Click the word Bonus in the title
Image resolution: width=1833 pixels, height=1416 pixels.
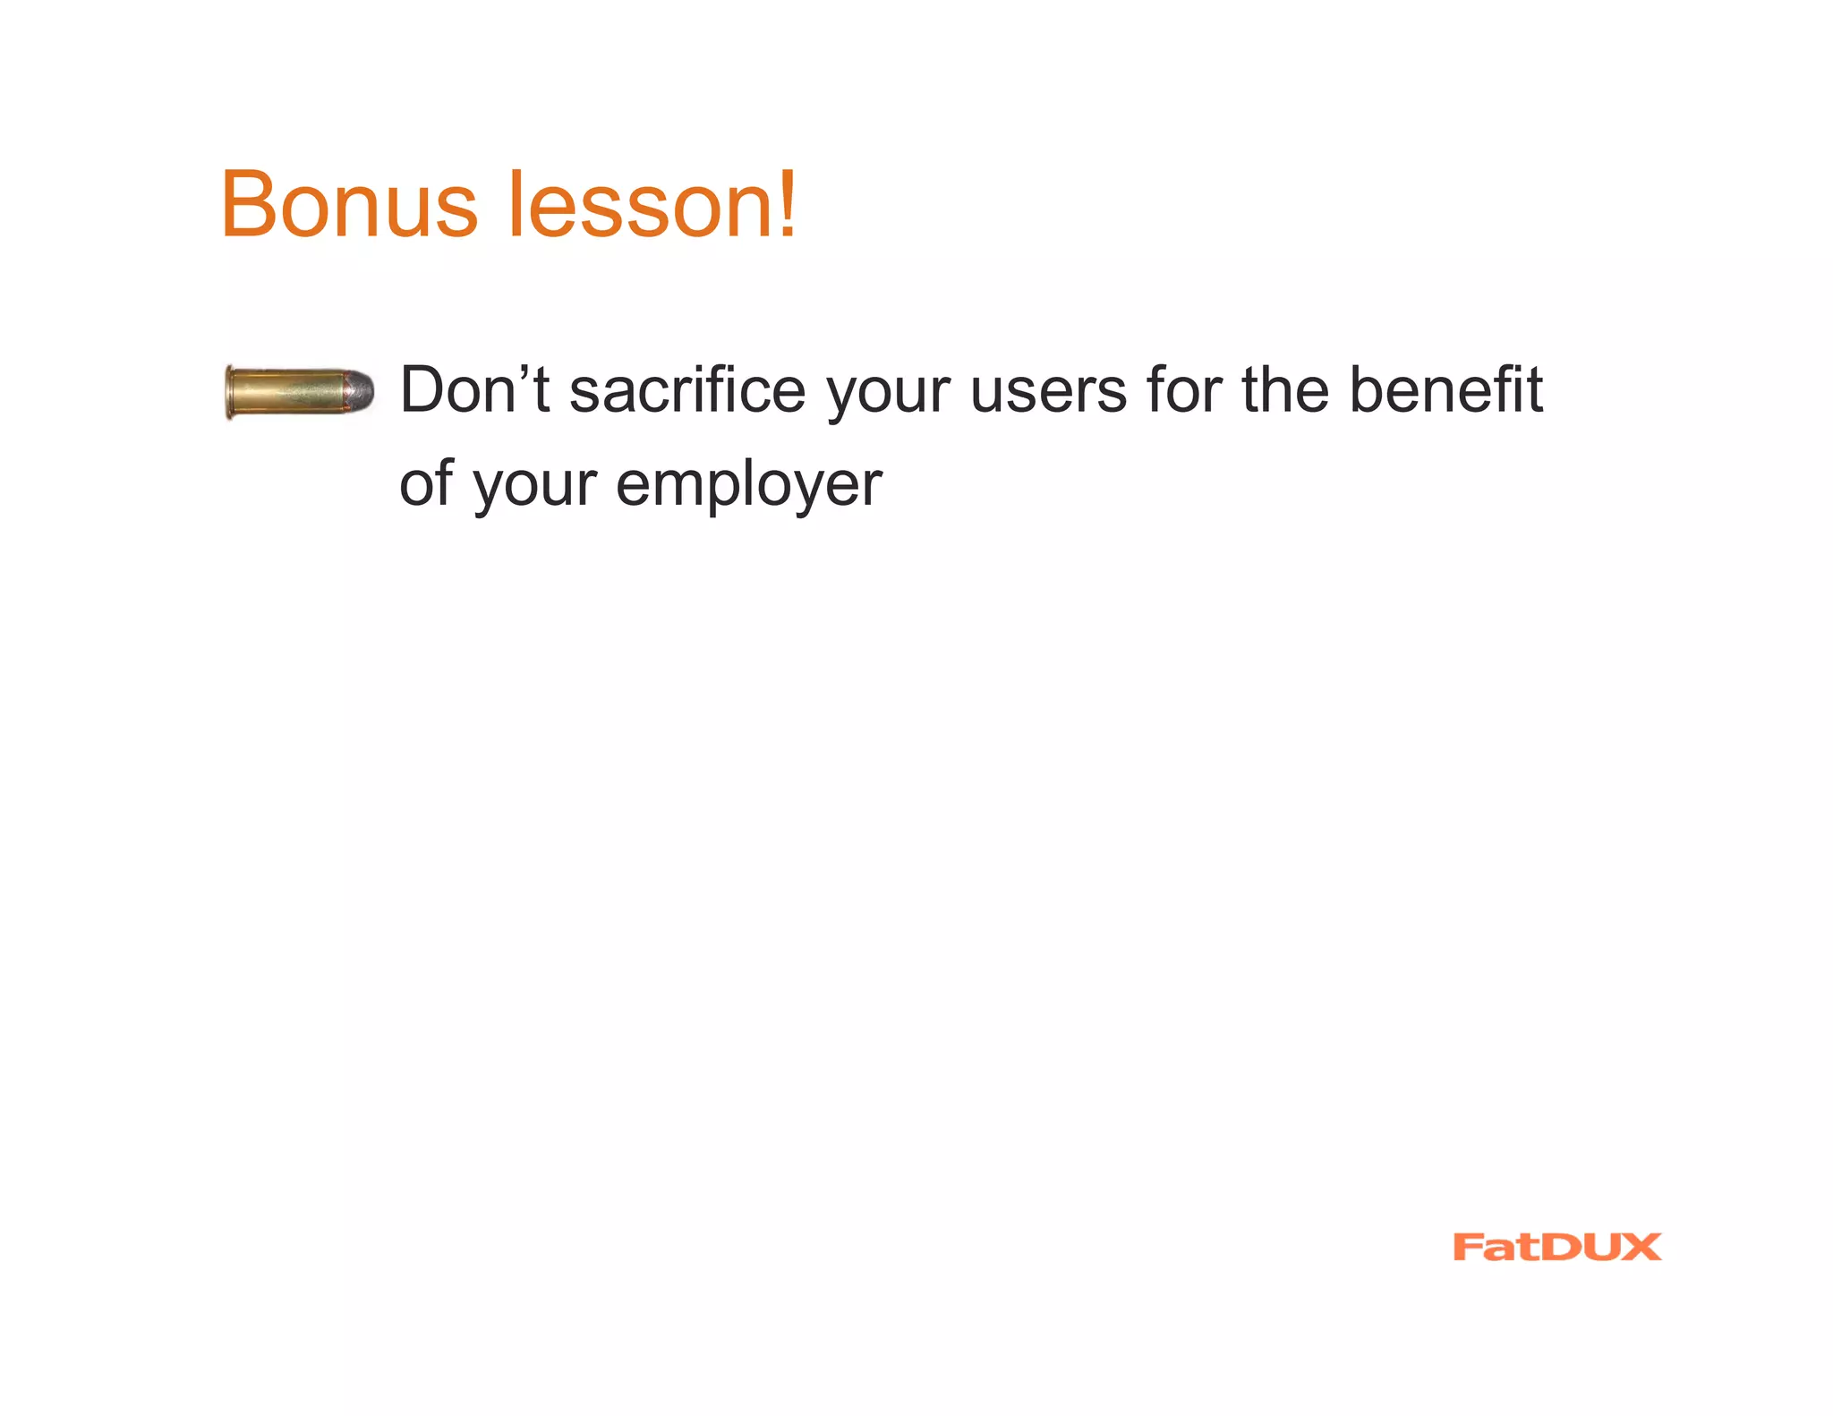349,205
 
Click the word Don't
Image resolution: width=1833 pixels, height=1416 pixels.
474,390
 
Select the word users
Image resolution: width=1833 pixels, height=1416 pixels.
1048,392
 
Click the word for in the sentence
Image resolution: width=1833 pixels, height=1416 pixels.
1184,390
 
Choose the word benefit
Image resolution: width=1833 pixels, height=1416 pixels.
1445,390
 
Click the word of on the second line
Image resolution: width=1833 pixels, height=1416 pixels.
426,483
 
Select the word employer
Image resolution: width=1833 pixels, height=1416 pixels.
749,487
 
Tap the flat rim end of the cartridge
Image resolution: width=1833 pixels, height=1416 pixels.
230,392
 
